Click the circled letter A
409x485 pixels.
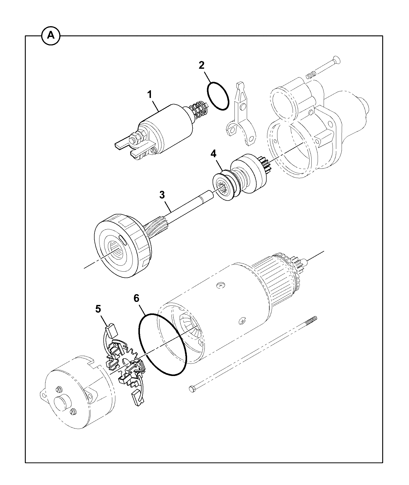[51, 36]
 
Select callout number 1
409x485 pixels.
[150, 94]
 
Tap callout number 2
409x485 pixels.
[202, 65]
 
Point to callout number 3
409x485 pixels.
[162, 195]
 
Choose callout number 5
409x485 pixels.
[98, 309]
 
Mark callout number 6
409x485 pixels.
[136, 298]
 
